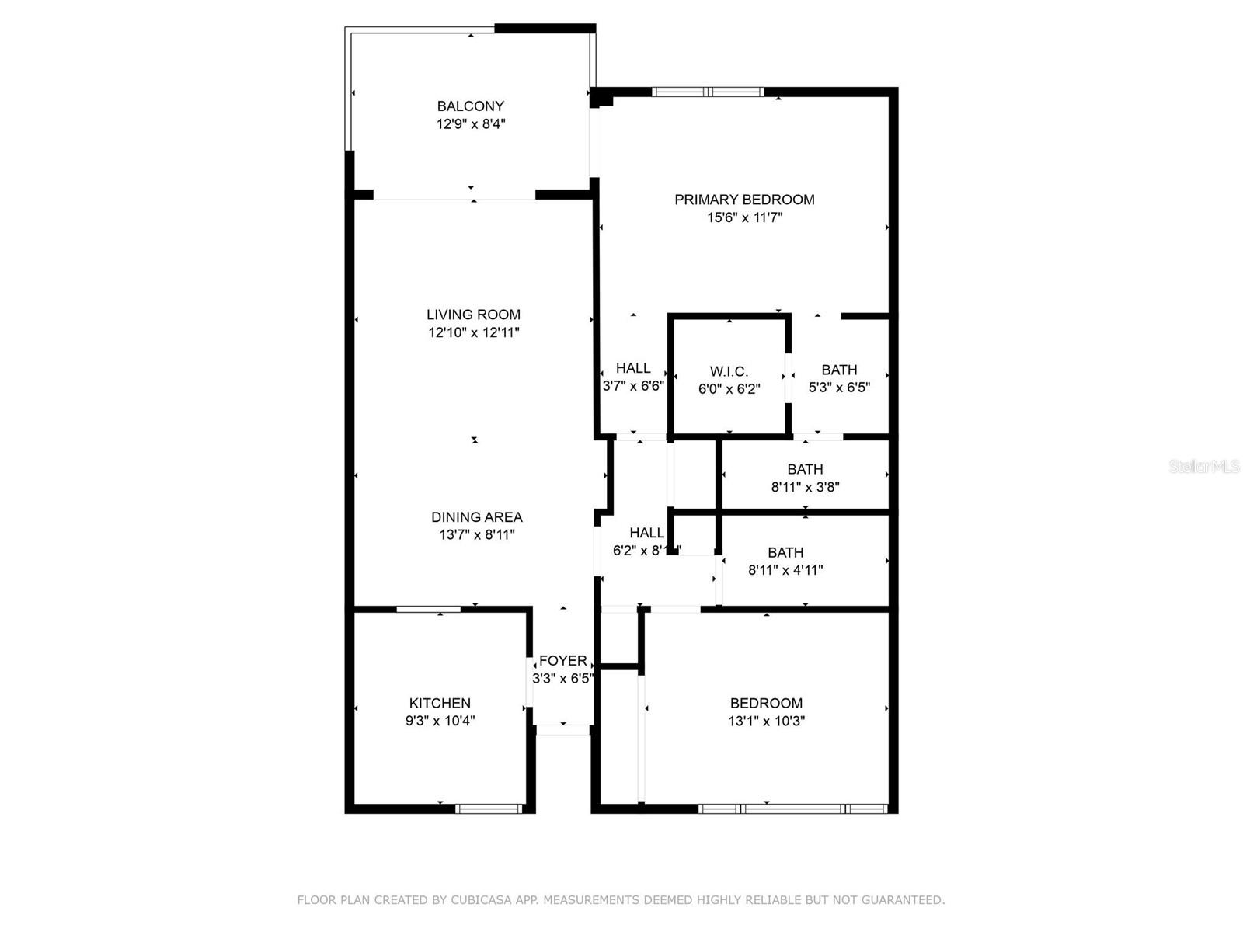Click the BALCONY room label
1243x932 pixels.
pos(470,106)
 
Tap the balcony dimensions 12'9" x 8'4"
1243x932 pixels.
pos(471,124)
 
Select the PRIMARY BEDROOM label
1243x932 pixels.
pos(744,200)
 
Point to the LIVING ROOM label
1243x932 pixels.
pos(473,315)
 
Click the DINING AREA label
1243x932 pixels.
pos(477,517)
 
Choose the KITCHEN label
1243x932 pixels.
pos(440,703)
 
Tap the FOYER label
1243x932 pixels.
pos(562,661)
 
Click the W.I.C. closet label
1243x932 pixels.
pos(729,372)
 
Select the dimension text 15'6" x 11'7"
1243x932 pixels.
pos(744,218)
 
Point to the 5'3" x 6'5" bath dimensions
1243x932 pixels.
pos(839,388)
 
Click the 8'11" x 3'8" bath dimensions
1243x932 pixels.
pos(805,488)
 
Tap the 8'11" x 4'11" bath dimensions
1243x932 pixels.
pos(785,570)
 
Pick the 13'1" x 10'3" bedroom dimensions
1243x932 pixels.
pos(766,721)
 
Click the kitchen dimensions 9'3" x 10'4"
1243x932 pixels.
pos(440,721)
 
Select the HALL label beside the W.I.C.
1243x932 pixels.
pos(633,368)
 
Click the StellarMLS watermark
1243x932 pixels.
pos(1203,467)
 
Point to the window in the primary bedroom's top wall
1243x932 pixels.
pos(708,92)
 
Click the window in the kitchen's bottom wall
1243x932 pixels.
pos(488,809)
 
